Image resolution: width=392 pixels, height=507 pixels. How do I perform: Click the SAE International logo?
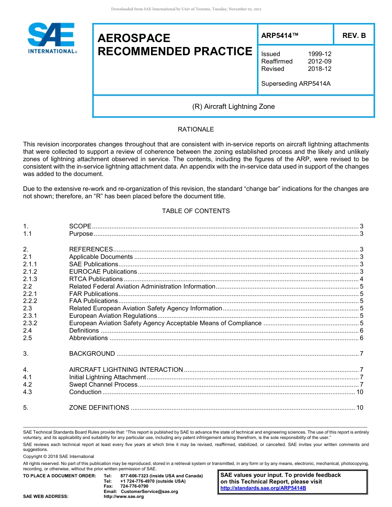(x=51, y=38)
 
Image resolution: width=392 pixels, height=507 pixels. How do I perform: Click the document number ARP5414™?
(x=280, y=35)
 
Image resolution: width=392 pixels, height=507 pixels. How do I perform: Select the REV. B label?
(x=354, y=35)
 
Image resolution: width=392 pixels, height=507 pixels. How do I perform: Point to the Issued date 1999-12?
(x=319, y=54)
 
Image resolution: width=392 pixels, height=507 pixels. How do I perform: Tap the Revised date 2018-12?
(x=319, y=69)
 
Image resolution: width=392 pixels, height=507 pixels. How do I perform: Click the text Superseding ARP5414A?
(x=296, y=84)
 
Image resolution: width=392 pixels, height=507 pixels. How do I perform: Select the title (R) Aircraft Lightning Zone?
(x=233, y=107)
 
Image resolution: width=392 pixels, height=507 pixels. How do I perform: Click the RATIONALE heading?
(x=196, y=129)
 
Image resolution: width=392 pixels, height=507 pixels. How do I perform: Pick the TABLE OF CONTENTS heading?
(x=196, y=211)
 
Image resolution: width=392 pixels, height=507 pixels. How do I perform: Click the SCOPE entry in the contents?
(x=80, y=226)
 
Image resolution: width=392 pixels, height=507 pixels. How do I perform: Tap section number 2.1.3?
(x=30, y=279)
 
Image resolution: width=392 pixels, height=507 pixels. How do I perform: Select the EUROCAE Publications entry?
(x=103, y=272)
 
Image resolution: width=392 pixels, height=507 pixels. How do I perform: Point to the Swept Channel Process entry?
(x=103, y=385)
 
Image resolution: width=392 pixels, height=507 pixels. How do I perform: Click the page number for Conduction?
(x=359, y=392)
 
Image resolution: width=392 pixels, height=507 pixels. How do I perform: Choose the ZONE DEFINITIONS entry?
(x=99, y=408)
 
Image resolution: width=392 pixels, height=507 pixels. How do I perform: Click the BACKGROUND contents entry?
(x=92, y=354)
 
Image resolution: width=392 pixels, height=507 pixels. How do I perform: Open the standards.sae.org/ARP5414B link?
(x=263, y=488)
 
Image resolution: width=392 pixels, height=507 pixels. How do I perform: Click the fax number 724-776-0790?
(x=134, y=486)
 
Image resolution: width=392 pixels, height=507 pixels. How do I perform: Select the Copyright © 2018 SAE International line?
(x=59, y=456)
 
